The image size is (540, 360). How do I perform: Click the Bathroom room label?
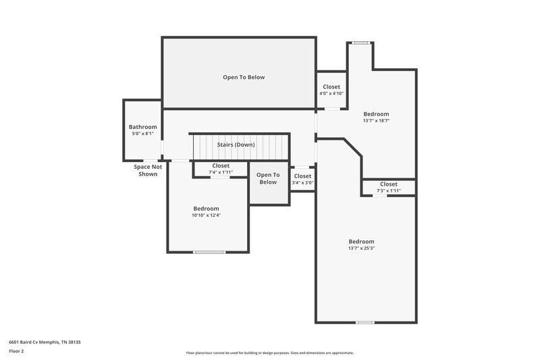pyautogui.click(x=142, y=127)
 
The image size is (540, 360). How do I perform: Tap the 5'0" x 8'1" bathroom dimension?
pyautogui.click(x=142, y=134)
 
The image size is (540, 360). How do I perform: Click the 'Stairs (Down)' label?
pyautogui.click(x=236, y=145)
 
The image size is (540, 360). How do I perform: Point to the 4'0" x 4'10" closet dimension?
pyautogui.click(x=331, y=93)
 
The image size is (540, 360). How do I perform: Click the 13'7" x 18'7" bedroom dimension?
pyautogui.click(x=376, y=121)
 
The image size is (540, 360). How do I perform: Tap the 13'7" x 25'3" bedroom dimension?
pyautogui.click(x=361, y=249)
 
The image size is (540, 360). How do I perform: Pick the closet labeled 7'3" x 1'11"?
pyautogui.click(x=388, y=187)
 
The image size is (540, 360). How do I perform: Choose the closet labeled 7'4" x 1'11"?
pyautogui.click(x=221, y=169)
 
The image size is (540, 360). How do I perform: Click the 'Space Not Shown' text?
pyautogui.click(x=147, y=170)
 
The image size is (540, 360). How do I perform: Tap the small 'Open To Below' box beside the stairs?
pyautogui.click(x=268, y=178)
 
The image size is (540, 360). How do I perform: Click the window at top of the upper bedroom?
pyautogui.click(x=361, y=43)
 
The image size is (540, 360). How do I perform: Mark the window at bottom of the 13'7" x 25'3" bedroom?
pyautogui.click(x=364, y=322)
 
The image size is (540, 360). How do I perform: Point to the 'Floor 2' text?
pyautogui.click(x=16, y=351)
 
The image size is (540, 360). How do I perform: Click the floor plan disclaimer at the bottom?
pyautogui.click(x=269, y=353)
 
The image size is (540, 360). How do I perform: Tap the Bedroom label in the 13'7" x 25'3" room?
pyautogui.click(x=361, y=241)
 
